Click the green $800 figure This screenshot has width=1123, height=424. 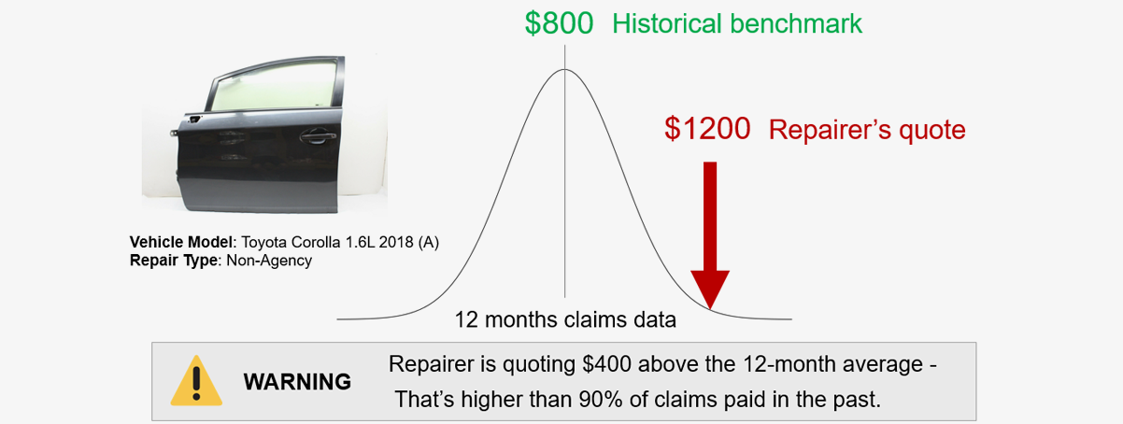tap(559, 23)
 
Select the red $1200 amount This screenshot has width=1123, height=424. tap(707, 128)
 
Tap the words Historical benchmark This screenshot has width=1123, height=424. tap(737, 24)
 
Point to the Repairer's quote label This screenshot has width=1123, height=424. tap(867, 131)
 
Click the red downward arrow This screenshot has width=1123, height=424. tap(710, 234)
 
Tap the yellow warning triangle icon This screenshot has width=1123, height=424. tap(196, 380)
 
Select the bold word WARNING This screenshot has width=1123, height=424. tap(297, 382)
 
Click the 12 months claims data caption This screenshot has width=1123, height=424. tap(565, 319)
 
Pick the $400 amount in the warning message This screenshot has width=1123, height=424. tap(606, 364)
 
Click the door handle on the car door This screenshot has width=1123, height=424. tap(318, 135)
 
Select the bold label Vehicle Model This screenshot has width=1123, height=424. tap(181, 243)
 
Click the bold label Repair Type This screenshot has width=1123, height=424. tap(174, 261)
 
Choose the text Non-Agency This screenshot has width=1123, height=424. tap(269, 261)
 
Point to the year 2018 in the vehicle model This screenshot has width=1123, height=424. tap(396, 243)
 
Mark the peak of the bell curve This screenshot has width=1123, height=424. tap(564, 69)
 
